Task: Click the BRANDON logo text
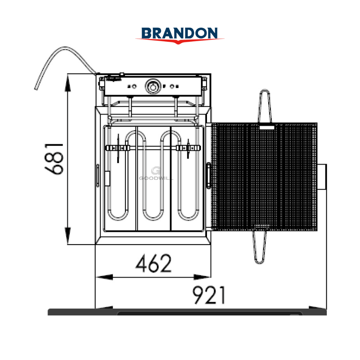point(180,33)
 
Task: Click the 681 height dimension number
point(54,159)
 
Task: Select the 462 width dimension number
point(154,263)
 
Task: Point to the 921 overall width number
point(209,295)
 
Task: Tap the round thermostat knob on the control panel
point(152,86)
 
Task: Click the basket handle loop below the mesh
point(260,247)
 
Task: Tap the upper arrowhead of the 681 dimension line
point(68,83)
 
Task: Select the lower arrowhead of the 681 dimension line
point(68,235)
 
